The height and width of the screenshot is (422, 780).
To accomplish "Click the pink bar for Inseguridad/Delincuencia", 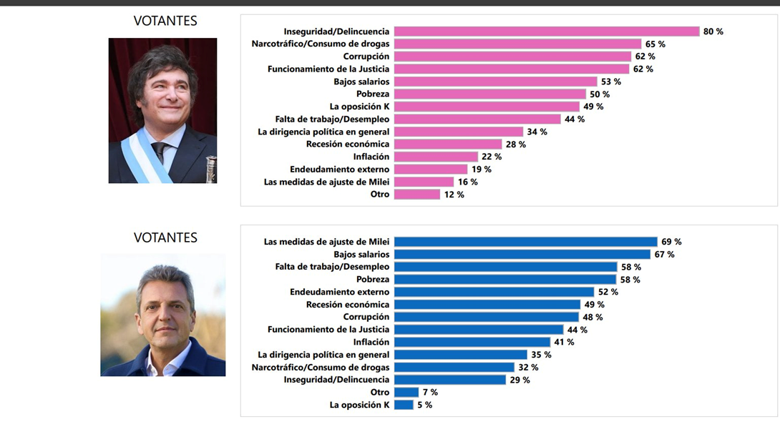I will pos(547,31).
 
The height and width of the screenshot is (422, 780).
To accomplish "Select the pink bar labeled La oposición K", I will pos(487,107).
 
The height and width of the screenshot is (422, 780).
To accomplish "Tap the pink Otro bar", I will pos(417,195).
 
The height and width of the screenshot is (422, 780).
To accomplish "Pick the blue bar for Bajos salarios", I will pos(522,255).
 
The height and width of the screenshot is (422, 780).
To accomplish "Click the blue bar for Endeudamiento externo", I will pos(494,292).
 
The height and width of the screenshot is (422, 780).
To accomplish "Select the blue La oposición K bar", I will pos(404,405).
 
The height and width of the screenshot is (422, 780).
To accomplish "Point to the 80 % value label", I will pos(713,31).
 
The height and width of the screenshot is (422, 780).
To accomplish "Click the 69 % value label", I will pos(671,242).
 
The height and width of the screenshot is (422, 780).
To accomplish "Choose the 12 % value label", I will pos(454,195).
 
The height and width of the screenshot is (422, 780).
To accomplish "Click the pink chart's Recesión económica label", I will pos(348,144).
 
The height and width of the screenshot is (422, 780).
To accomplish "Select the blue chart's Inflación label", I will pos(371,342).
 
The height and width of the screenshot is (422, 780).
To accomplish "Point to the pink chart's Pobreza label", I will pos(373,94).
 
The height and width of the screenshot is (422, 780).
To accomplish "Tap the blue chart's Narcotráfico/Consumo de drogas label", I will pos(321,367).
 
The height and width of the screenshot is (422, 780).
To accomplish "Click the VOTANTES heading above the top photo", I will pos(165,21).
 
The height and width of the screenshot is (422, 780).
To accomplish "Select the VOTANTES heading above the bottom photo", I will pos(165,237).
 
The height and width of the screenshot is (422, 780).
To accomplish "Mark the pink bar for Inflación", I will pos(436,157).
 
